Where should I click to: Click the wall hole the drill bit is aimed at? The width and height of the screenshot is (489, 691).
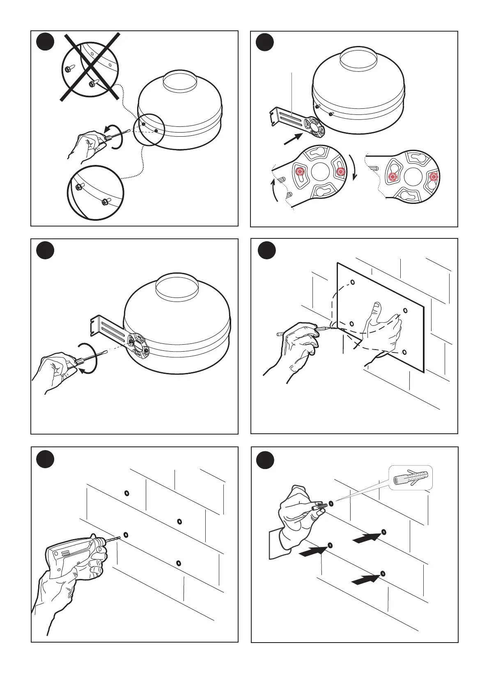pyautogui.click(x=126, y=534)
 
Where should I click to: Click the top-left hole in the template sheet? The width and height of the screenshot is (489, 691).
pyautogui.click(x=352, y=282)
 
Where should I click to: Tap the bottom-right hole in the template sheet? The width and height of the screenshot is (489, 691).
pyautogui.click(x=404, y=352)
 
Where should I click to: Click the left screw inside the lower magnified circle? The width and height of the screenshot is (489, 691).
pyautogui.click(x=78, y=187)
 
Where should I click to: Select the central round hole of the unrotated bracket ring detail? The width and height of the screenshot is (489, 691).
pyautogui.click(x=320, y=172)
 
